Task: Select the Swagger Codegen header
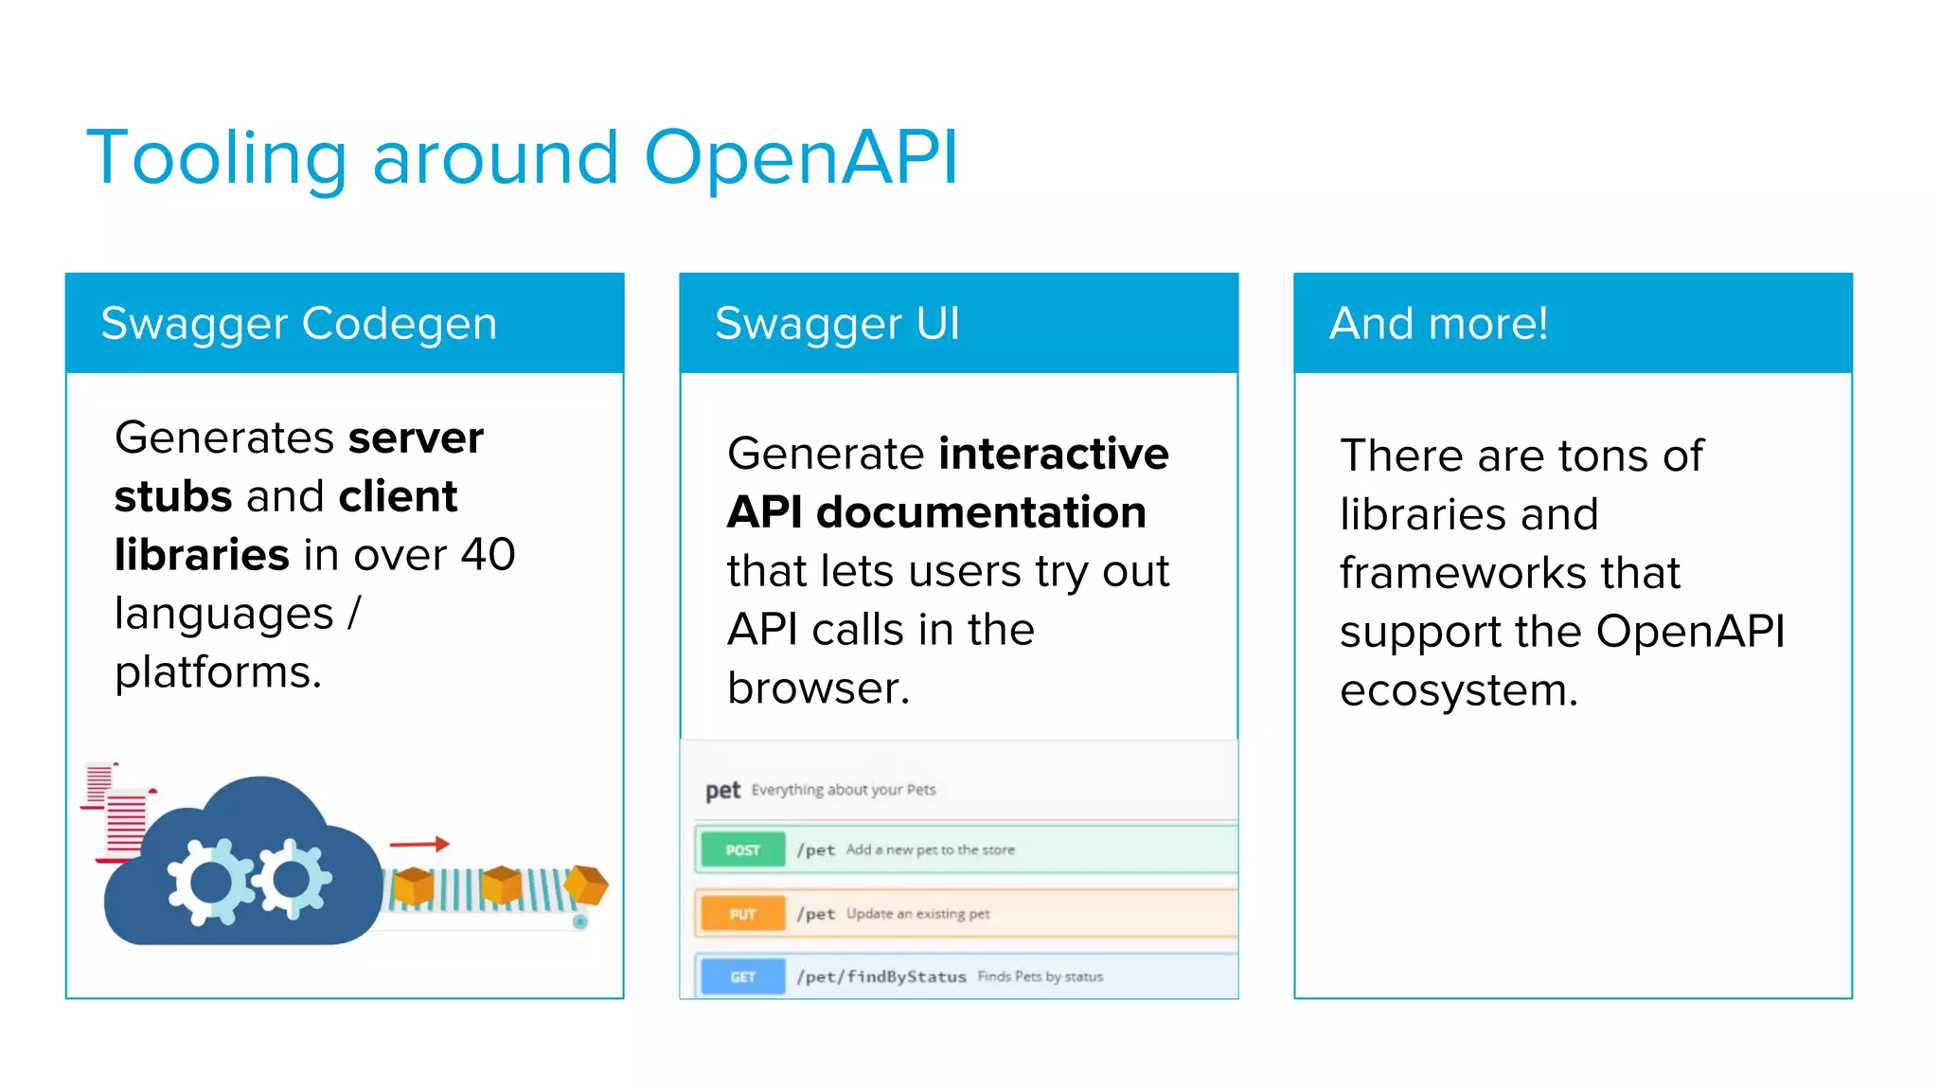pos(298,324)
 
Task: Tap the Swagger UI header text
pos(837,324)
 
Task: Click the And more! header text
pos(1438,324)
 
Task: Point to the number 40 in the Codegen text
pos(488,555)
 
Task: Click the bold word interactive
pos(1054,454)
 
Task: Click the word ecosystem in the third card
pos(1457,690)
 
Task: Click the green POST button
pos(742,850)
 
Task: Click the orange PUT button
pos(742,914)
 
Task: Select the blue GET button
pos(742,977)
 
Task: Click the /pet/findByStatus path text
pos(881,977)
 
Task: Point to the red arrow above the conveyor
pos(418,843)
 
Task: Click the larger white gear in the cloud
pos(211,881)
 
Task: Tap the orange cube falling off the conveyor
pos(587,885)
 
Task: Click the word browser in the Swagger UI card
pos(816,689)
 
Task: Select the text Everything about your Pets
pos(843,790)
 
